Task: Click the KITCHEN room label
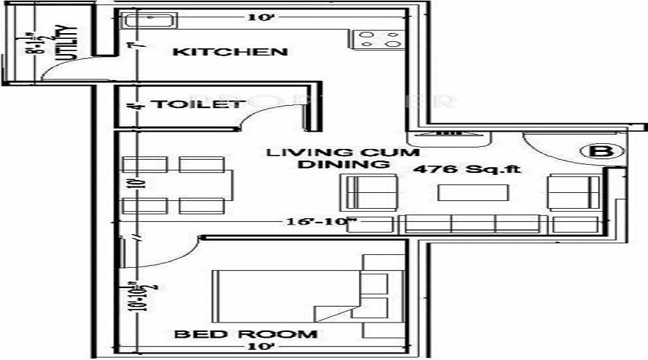tap(231, 52)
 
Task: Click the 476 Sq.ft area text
tap(467, 170)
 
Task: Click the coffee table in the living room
tap(473, 192)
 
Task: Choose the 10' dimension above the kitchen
tap(255, 17)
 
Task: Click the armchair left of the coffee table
tap(372, 192)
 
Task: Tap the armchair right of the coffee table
tap(574, 192)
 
